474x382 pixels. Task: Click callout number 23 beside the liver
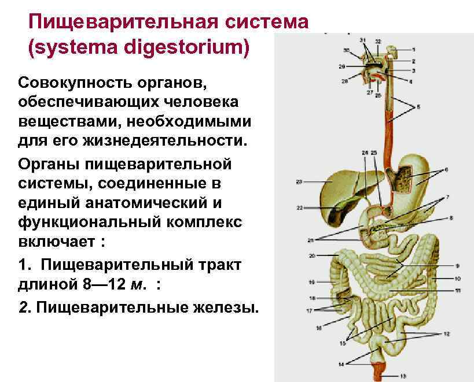point(299,182)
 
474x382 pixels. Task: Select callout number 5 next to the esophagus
point(419,107)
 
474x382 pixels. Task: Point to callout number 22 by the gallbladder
point(299,207)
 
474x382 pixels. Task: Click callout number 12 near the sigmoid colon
point(446,335)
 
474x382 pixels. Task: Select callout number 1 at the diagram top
point(414,50)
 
